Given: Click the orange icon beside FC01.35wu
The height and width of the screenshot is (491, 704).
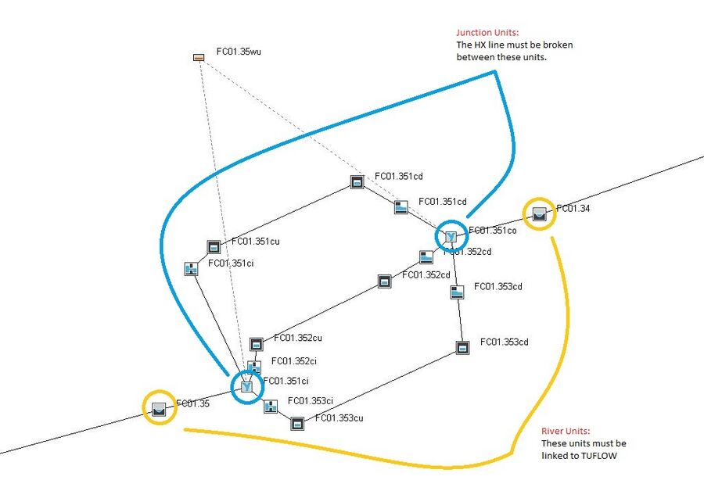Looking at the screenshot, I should coord(199,57).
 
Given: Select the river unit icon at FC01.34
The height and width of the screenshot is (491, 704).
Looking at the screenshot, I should coord(539,213).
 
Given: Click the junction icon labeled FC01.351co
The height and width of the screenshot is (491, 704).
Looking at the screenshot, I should coord(451,235).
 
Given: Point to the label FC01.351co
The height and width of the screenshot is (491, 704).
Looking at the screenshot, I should coord(493,231).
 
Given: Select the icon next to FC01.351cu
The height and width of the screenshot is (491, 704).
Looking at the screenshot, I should coord(214,247).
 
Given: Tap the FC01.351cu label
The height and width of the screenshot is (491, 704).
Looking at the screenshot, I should coord(255,242).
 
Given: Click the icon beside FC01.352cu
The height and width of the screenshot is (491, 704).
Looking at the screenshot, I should coord(256,344).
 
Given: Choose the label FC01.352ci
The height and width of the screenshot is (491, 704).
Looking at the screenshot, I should coord(293,361).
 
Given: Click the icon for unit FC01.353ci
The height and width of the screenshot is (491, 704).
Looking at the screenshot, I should coord(271,407).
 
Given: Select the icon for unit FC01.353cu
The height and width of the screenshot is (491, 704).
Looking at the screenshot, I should coord(297,424).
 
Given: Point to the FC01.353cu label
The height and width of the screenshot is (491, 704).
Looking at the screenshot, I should coord(339,418).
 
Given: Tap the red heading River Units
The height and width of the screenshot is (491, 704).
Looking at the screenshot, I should coord(567,432).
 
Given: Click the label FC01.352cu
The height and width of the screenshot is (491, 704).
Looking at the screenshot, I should coord(298,339).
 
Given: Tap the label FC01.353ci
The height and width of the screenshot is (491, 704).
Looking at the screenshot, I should coord(311,401).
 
